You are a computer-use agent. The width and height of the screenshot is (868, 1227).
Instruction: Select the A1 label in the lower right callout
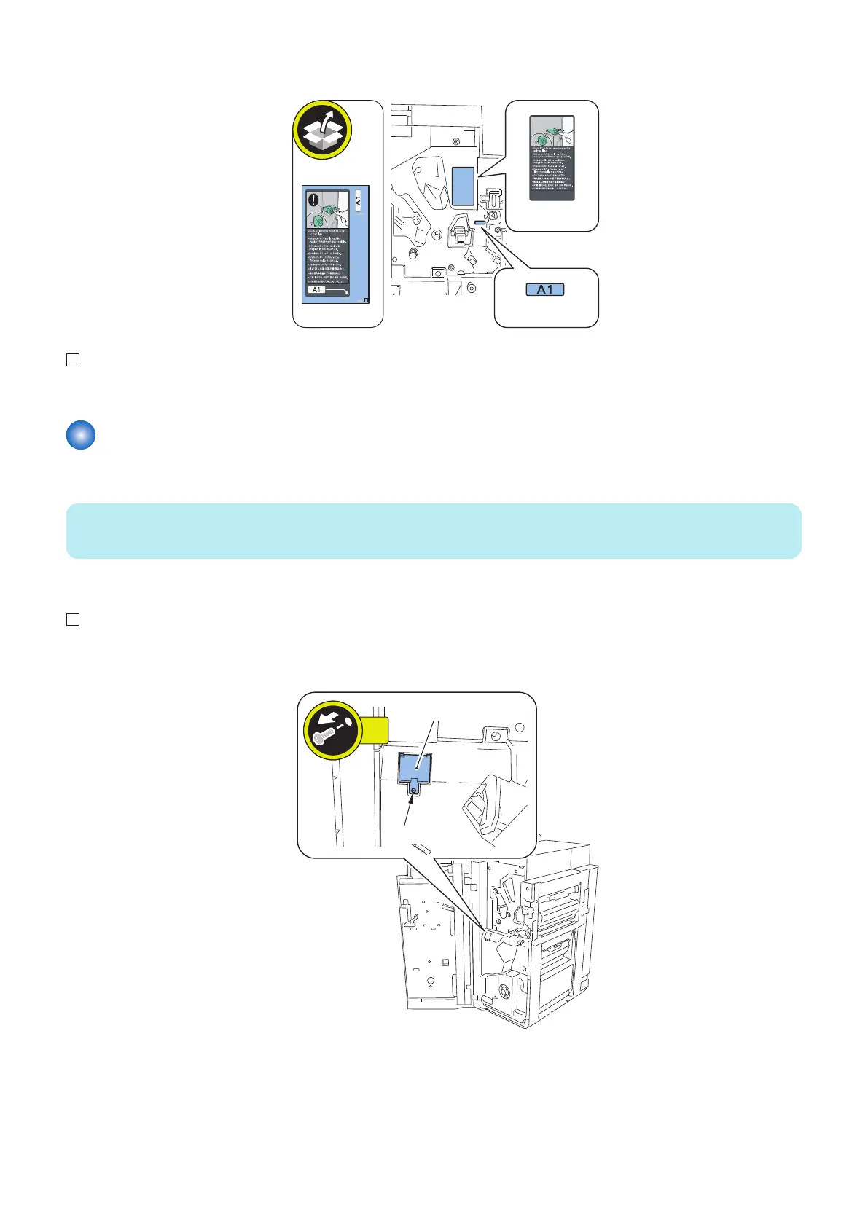tap(545, 289)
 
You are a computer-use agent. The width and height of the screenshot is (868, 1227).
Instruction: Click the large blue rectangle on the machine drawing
tap(463, 186)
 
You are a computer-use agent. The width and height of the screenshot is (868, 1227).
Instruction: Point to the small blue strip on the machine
tap(479, 223)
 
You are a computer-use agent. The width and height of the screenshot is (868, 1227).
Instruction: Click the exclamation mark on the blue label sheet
tap(313, 199)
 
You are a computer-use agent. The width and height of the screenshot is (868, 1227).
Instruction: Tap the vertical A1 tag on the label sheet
tap(357, 200)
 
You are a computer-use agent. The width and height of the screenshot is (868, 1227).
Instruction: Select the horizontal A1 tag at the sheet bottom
tap(316, 290)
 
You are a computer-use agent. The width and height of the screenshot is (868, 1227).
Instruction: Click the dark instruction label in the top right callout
tap(552, 158)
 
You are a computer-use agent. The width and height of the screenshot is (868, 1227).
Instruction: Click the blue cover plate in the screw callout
tap(415, 767)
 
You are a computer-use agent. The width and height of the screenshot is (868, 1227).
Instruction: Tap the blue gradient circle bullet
tap(81, 435)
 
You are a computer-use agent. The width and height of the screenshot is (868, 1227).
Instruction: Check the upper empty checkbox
tap(73, 360)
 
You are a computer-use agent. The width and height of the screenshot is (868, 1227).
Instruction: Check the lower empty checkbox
tap(73, 619)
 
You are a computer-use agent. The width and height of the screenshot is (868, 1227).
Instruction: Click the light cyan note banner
tap(434, 530)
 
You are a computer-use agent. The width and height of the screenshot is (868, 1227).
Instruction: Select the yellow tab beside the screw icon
tap(375, 726)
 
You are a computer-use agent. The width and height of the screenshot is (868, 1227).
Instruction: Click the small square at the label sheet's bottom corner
tap(366, 299)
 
